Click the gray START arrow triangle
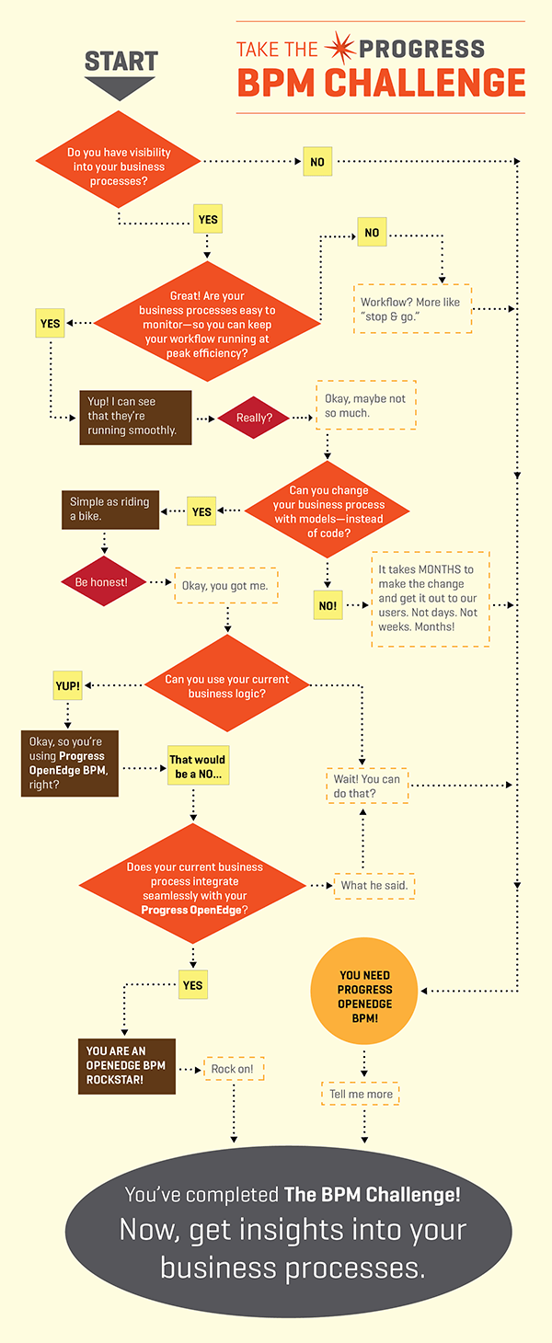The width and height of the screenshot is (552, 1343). (x=121, y=88)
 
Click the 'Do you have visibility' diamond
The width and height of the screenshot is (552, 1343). (x=119, y=166)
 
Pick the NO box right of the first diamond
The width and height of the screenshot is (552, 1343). (x=316, y=162)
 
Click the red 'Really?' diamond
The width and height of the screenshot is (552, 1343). (x=252, y=418)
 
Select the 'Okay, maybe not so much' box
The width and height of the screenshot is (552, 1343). (x=365, y=406)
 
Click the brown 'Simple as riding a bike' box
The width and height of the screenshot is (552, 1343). (x=109, y=509)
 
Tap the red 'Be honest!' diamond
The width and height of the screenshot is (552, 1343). (x=101, y=582)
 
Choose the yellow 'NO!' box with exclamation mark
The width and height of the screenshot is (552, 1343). (x=328, y=606)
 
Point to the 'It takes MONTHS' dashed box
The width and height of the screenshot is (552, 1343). (x=430, y=599)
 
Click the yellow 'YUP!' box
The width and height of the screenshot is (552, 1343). (x=67, y=685)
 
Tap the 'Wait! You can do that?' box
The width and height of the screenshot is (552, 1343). (x=367, y=786)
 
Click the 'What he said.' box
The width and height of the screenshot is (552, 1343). (x=374, y=885)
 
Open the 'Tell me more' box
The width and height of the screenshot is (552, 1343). (x=362, y=1094)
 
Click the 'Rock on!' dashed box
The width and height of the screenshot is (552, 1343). (x=233, y=1069)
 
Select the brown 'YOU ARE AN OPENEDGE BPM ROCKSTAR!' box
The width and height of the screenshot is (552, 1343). (x=126, y=1065)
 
